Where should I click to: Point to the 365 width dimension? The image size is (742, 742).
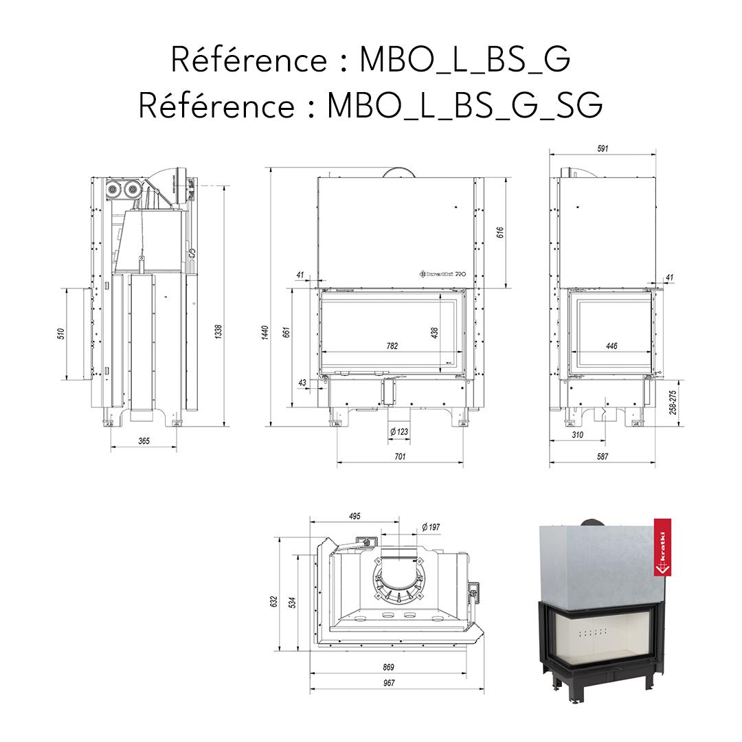point(144,441)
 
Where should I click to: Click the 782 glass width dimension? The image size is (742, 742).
point(392,346)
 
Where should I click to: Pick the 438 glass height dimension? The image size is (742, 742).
point(434,333)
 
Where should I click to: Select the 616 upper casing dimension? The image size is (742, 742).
point(500,233)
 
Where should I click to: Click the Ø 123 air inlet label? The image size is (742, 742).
point(399,431)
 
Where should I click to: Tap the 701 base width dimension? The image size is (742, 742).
point(400,456)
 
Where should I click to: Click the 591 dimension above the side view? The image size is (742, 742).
point(603,149)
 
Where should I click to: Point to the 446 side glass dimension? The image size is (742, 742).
point(611,346)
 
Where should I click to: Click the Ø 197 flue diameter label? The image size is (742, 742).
point(430,527)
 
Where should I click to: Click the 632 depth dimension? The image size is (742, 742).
point(273,602)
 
